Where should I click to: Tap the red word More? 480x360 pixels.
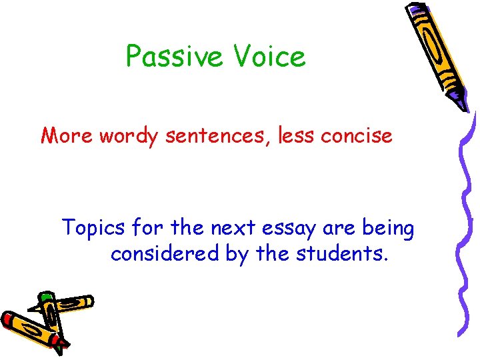coord(68,136)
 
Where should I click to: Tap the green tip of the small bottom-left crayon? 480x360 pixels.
coord(45,295)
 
